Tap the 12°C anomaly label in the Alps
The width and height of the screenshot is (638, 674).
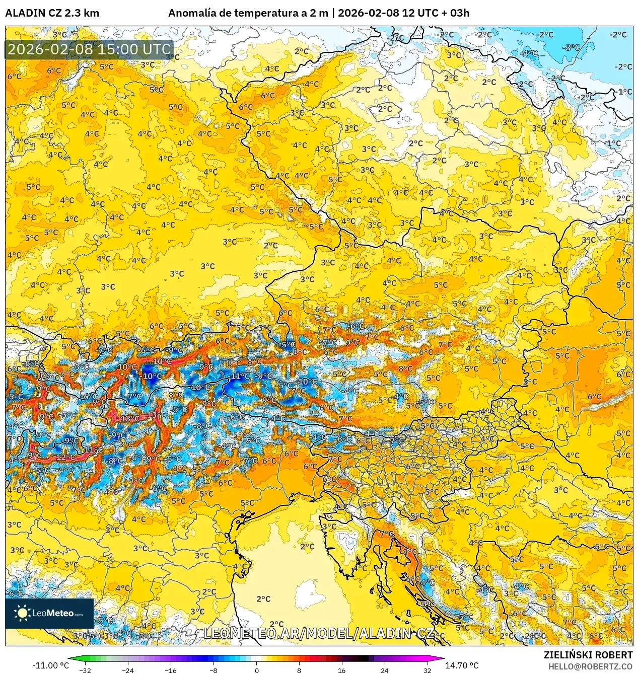pyautogui.click(x=65, y=458)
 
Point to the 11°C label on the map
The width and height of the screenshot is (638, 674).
pyautogui.click(x=93, y=450)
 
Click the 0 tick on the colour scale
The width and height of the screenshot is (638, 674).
pyautogui.click(x=256, y=670)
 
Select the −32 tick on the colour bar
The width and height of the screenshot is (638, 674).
pyautogui.click(x=85, y=670)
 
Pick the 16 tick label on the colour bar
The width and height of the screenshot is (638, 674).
pyautogui.click(x=341, y=670)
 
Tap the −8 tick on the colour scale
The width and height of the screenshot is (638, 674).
pyautogui.click(x=214, y=670)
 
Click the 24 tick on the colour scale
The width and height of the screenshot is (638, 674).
pyautogui.click(x=384, y=670)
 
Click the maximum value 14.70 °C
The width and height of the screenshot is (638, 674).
pyautogui.click(x=461, y=665)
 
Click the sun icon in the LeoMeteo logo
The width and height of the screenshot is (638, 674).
pyautogui.click(x=22, y=613)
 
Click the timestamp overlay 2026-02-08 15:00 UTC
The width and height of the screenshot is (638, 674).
pyautogui.click(x=89, y=49)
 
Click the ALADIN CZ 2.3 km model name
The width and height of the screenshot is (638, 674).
pyautogui.click(x=52, y=13)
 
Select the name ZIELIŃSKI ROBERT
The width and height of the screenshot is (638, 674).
pyautogui.click(x=588, y=655)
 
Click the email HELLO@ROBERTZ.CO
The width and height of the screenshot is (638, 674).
pyautogui.click(x=590, y=666)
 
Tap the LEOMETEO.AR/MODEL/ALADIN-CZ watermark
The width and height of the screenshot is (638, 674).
pyautogui.click(x=319, y=633)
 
